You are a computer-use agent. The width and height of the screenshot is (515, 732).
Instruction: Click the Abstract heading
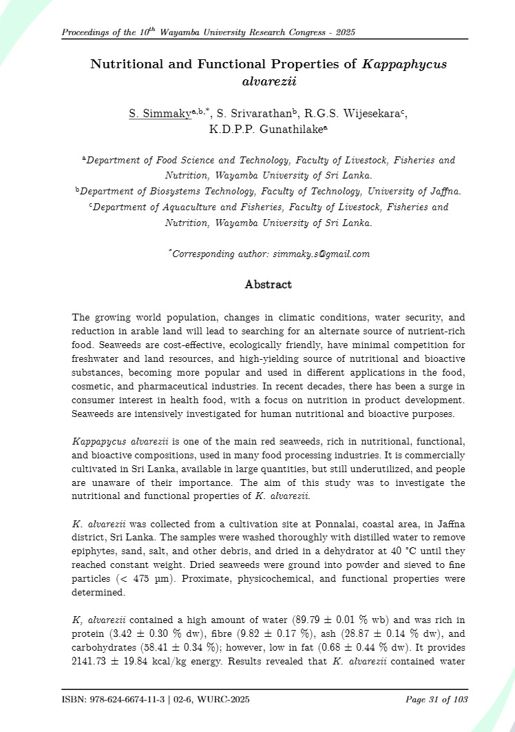pos(268,285)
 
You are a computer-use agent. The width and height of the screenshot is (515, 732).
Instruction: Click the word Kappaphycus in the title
pos(404,65)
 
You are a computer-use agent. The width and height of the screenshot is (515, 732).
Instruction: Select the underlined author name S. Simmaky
pos(160,113)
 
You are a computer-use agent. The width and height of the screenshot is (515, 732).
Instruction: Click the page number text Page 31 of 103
pos(436,700)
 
